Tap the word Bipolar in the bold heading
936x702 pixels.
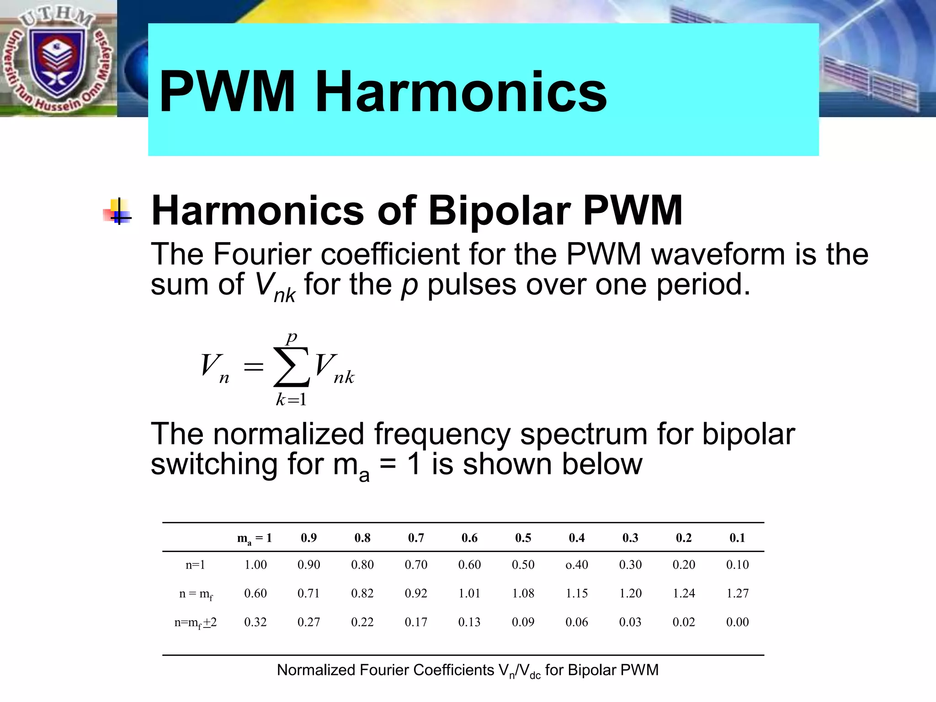click(499, 211)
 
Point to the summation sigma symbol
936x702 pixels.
click(291, 367)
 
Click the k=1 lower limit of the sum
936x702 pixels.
click(291, 400)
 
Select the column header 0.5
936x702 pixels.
click(523, 538)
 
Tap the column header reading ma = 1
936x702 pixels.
click(255, 538)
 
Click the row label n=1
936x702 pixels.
click(195, 565)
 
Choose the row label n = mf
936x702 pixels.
click(196, 594)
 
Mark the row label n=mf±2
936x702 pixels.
click(196, 622)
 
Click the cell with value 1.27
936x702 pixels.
click(737, 593)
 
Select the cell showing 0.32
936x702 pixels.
click(255, 622)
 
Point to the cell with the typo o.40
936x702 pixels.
click(577, 565)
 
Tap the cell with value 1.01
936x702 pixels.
click(469, 593)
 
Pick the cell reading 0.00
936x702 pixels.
click(737, 622)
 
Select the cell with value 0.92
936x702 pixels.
click(416, 593)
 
